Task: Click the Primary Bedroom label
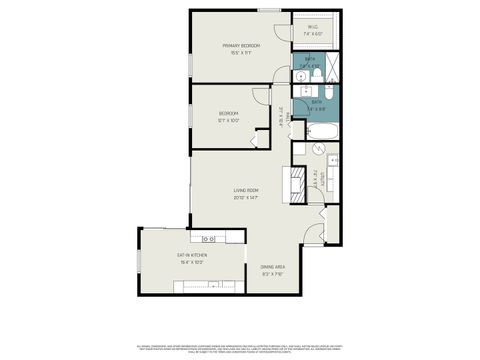[241, 46]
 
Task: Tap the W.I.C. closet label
[313, 29]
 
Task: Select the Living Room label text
[246, 190]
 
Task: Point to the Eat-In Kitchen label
[190, 255]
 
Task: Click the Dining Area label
[273, 267]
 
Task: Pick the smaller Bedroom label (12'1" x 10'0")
[228, 113]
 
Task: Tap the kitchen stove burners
[209, 238]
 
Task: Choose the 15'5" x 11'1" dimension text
[241, 53]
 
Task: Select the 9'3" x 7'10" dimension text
[273, 274]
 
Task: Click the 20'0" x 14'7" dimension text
[246, 197]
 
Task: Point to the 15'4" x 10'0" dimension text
[190, 262]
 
